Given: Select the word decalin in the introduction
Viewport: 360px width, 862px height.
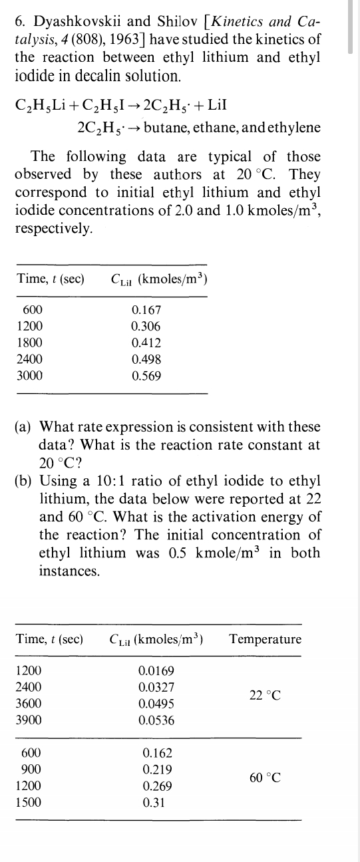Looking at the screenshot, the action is (96, 75).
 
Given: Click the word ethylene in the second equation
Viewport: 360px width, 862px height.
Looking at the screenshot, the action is (291, 127).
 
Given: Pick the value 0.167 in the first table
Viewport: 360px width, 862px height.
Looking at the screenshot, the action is (146, 309).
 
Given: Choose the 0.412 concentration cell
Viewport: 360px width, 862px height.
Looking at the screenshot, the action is (146, 343).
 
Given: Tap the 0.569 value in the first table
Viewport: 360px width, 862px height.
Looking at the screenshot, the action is (146, 375).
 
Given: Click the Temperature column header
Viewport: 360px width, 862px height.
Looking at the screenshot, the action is (265, 639).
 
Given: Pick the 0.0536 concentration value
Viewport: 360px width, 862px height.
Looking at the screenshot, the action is (157, 720).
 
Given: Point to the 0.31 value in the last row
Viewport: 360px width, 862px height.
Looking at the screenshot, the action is (154, 802).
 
